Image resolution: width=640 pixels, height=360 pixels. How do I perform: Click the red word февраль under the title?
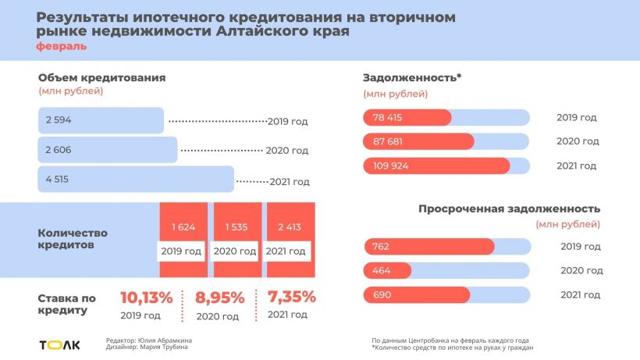(x=61, y=47)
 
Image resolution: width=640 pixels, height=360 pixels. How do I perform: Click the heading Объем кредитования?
(x=101, y=77)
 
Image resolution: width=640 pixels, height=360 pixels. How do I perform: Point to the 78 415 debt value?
(x=389, y=117)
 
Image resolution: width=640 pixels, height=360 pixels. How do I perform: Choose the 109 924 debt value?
(x=391, y=166)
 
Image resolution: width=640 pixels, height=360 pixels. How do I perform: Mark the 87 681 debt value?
(x=389, y=141)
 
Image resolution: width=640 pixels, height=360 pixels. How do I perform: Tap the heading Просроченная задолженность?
(x=509, y=209)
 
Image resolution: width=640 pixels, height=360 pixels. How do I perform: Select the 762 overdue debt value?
(x=380, y=247)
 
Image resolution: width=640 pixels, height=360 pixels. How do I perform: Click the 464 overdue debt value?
(x=380, y=270)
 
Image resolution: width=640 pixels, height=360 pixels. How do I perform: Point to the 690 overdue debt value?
(x=380, y=294)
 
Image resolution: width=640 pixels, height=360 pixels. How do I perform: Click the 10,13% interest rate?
(x=145, y=298)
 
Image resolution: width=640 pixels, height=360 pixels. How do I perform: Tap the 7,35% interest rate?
(x=291, y=297)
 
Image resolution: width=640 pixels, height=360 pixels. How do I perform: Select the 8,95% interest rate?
(x=219, y=298)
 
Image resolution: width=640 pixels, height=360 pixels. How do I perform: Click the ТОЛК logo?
(x=59, y=344)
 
